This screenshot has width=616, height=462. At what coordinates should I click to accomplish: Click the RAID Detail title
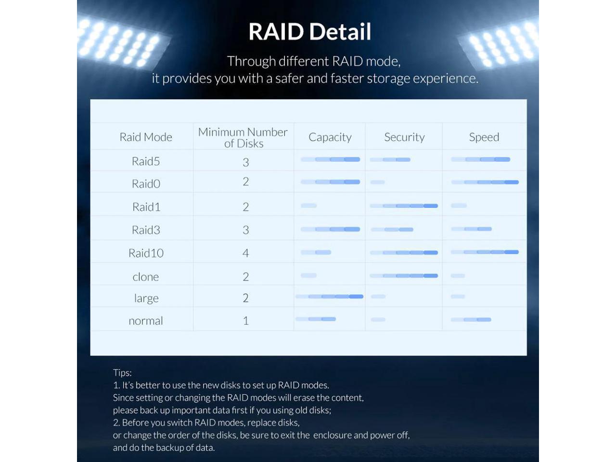tap(309, 31)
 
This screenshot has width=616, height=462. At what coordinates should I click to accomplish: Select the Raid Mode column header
tap(146, 137)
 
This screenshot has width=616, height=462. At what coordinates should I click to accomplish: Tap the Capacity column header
tap(330, 138)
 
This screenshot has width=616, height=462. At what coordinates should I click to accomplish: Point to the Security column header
tap(404, 138)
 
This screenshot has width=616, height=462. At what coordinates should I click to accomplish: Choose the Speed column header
tap(484, 138)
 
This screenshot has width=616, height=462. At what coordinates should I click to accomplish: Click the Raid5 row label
tap(146, 161)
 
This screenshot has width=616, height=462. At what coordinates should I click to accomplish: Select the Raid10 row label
tap(146, 253)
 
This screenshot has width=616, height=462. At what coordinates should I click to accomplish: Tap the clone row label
tap(146, 277)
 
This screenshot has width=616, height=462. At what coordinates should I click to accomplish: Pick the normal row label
tap(146, 321)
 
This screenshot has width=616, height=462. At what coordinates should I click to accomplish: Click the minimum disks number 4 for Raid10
tap(245, 253)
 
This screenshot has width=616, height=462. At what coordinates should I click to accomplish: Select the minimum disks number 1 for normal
tap(246, 321)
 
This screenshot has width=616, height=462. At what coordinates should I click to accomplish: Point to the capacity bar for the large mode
tap(330, 296)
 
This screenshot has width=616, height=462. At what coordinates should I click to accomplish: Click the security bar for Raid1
tap(404, 206)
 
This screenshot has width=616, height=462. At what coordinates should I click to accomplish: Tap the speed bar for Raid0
tap(485, 182)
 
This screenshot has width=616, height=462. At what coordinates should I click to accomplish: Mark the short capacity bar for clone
tap(308, 275)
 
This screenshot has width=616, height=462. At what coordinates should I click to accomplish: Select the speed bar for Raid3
tap(472, 229)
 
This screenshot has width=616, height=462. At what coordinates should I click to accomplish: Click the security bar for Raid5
tap(390, 160)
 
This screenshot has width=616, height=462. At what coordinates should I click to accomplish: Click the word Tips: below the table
tap(122, 373)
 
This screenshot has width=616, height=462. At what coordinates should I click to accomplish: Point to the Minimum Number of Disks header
tap(243, 138)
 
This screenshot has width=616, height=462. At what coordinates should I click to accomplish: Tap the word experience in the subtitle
tap(446, 78)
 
